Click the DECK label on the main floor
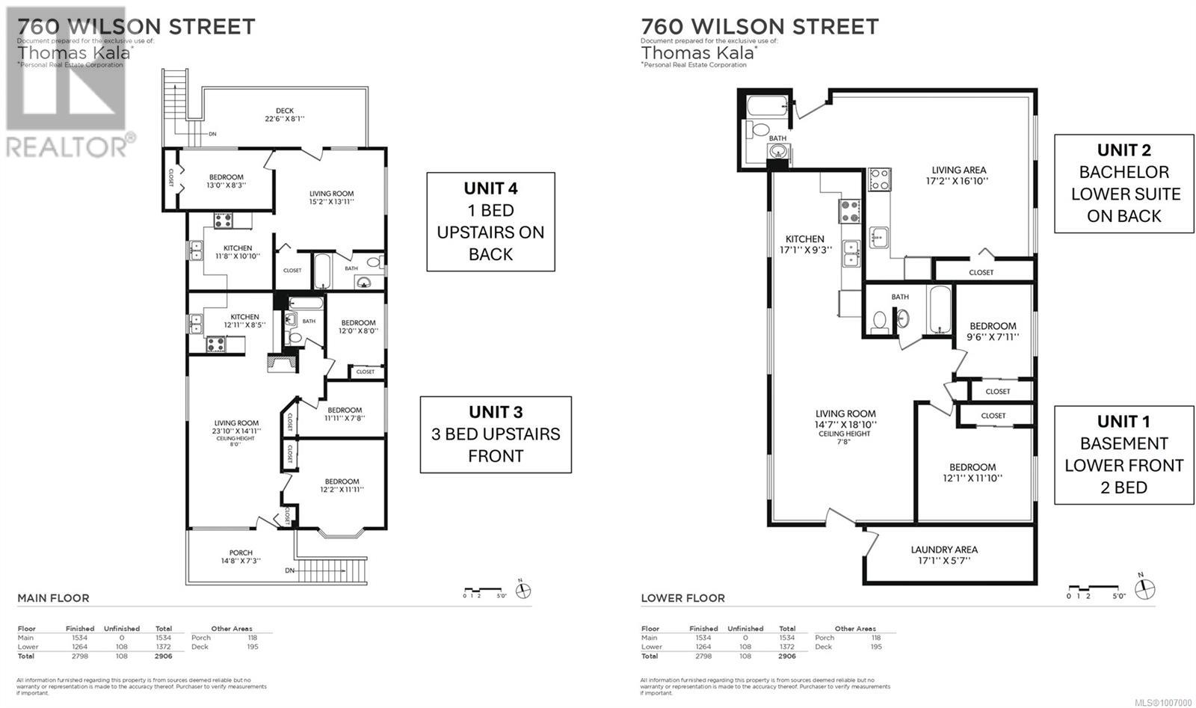pyautogui.click(x=284, y=114)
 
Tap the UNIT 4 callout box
pyautogui.click(x=490, y=221)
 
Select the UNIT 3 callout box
pyautogui.click(x=496, y=434)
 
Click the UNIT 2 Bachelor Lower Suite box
pyautogui.click(x=1123, y=184)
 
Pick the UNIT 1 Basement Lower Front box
pyautogui.click(x=1123, y=455)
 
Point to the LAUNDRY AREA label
pyautogui.click(x=944, y=554)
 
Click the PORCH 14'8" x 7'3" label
pyautogui.click(x=241, y=557)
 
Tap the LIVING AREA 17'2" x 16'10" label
pyautogui.click(x=958, y=175)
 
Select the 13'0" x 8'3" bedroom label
pyautogui.click(x=226, y=181)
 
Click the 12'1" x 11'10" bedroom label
pyautogui.click(x=972, y=472)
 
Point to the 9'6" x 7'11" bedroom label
pyautogui.click(x=993, y=331)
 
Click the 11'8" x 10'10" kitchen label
pyautogui.click(x=238, y=252)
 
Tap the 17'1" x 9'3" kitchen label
pyautogui.click(x=804, y=244)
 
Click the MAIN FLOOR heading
pyautogui.click(x=53, y=598)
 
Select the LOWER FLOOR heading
pyautogui.click(x=682, y=598)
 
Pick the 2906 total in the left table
pyautogui.click(x=163, y=656)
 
